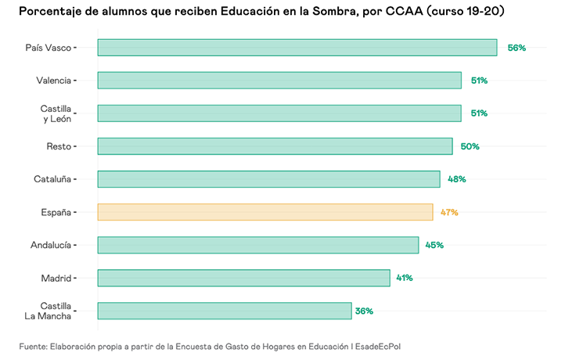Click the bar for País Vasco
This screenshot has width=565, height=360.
tap(297, 48)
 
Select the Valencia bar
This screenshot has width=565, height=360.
tap(279, 81)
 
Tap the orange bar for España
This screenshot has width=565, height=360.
tap(265, 212)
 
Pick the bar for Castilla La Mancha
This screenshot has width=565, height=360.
tap(225, 311)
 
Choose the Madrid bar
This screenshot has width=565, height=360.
tap(243, 278)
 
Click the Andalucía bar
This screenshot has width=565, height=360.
tap(258, 245)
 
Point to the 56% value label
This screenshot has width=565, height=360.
tap(516, 48)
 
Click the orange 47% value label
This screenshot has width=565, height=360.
tap(448, 212)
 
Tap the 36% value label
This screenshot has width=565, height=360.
tap(364, 311)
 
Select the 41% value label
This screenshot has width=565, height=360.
tap(404, 278)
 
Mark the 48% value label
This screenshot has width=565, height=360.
tap(457, 179)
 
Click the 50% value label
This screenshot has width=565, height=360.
tap(470, 146)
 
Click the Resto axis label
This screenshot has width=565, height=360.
tap(59, 146)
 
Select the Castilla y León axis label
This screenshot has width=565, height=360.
tap(56, 113)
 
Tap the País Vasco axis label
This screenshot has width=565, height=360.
tap(48, 48)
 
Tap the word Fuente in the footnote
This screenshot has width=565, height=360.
tap(34, 345)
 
